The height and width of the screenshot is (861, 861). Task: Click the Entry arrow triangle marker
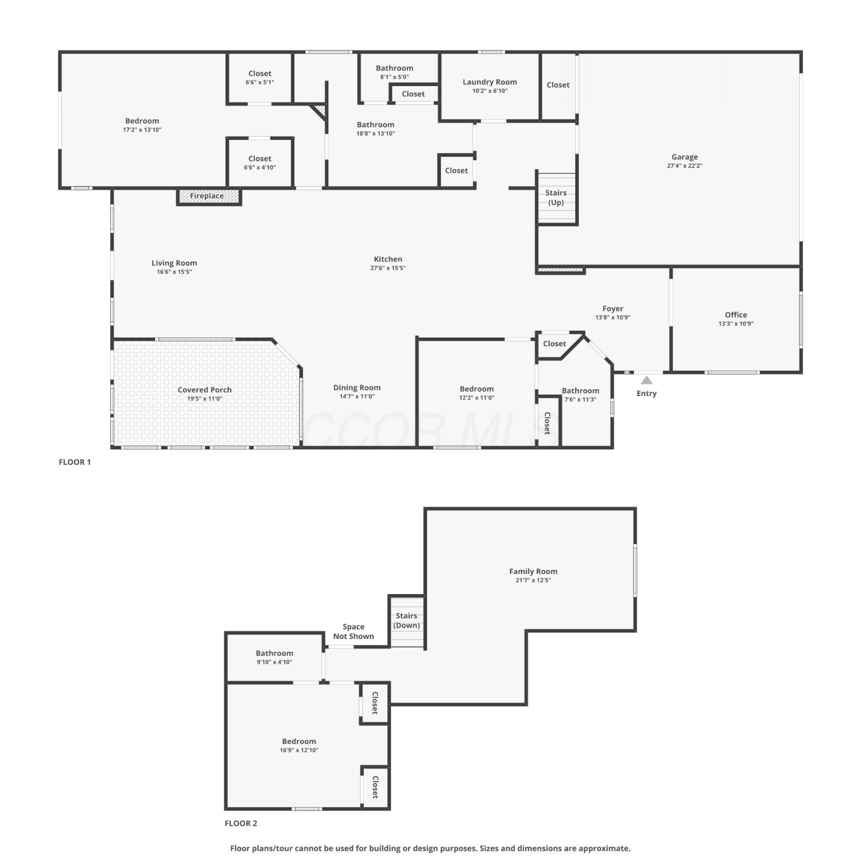(647, 380)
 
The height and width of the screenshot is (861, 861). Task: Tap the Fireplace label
(207, 196)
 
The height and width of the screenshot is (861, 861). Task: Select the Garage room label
(685, 157)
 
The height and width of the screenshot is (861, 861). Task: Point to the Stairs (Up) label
(556, 197)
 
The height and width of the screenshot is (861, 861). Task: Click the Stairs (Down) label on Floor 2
(406, 620)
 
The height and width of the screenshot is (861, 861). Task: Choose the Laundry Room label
(490, 82)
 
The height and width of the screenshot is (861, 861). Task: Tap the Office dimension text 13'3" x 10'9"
(736, 324)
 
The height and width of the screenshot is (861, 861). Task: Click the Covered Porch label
(205, 390)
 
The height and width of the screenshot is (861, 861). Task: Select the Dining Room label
(357, 388)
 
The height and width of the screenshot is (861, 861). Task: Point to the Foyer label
(613, 309)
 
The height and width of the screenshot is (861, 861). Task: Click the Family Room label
(533, 572)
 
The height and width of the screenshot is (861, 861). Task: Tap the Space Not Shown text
(354, 631)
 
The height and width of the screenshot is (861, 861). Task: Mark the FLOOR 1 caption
(75, 462)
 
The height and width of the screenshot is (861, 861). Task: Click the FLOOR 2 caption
(241, 823)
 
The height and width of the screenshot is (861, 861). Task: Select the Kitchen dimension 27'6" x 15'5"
(388, 268)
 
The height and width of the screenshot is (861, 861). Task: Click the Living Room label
(174, 263)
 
